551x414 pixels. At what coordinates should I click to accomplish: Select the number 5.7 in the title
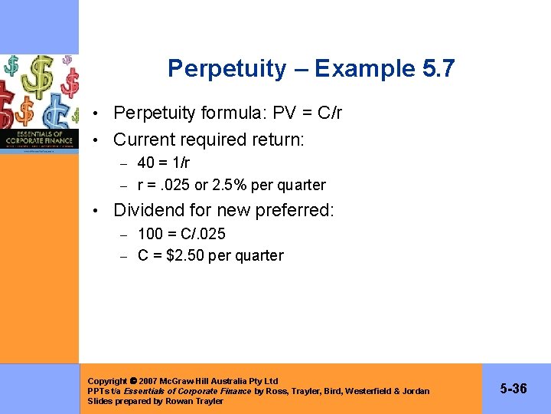(439, 70)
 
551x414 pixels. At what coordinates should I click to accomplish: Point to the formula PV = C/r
(303, 113)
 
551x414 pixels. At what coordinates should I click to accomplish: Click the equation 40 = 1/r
(164, 163)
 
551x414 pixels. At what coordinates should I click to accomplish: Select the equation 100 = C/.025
(181, 234)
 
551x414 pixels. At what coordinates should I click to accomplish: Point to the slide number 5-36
(514, 389)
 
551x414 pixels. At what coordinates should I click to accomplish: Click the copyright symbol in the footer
(133, 381)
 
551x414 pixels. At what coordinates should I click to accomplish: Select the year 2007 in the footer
(149, 381)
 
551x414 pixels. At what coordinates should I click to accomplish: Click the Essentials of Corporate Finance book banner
(39, 138)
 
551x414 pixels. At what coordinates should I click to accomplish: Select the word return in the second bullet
(279, 140)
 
